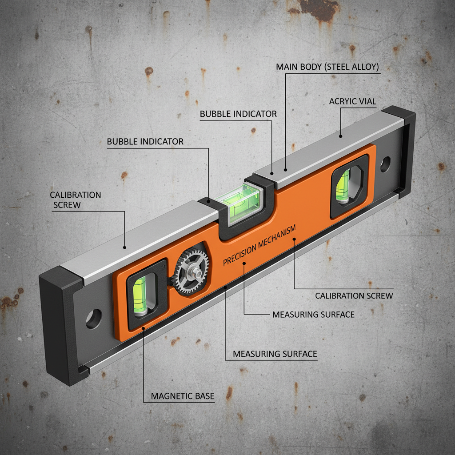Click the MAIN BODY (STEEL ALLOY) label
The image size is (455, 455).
coord(327,67)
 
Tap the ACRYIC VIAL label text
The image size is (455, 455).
coord(352,101)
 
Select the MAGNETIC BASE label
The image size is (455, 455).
coord(182,396)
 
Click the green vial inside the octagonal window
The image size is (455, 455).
coord(343,186)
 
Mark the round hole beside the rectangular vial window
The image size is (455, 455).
coord(94,319)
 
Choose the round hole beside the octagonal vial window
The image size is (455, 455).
coord(385,164)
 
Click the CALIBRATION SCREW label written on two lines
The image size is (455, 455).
coord(75,200)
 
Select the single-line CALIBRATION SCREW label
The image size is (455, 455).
coord(354,295)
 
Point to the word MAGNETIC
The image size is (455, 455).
coord(171,396)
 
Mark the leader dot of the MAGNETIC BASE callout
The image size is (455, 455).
coord(144,328)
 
